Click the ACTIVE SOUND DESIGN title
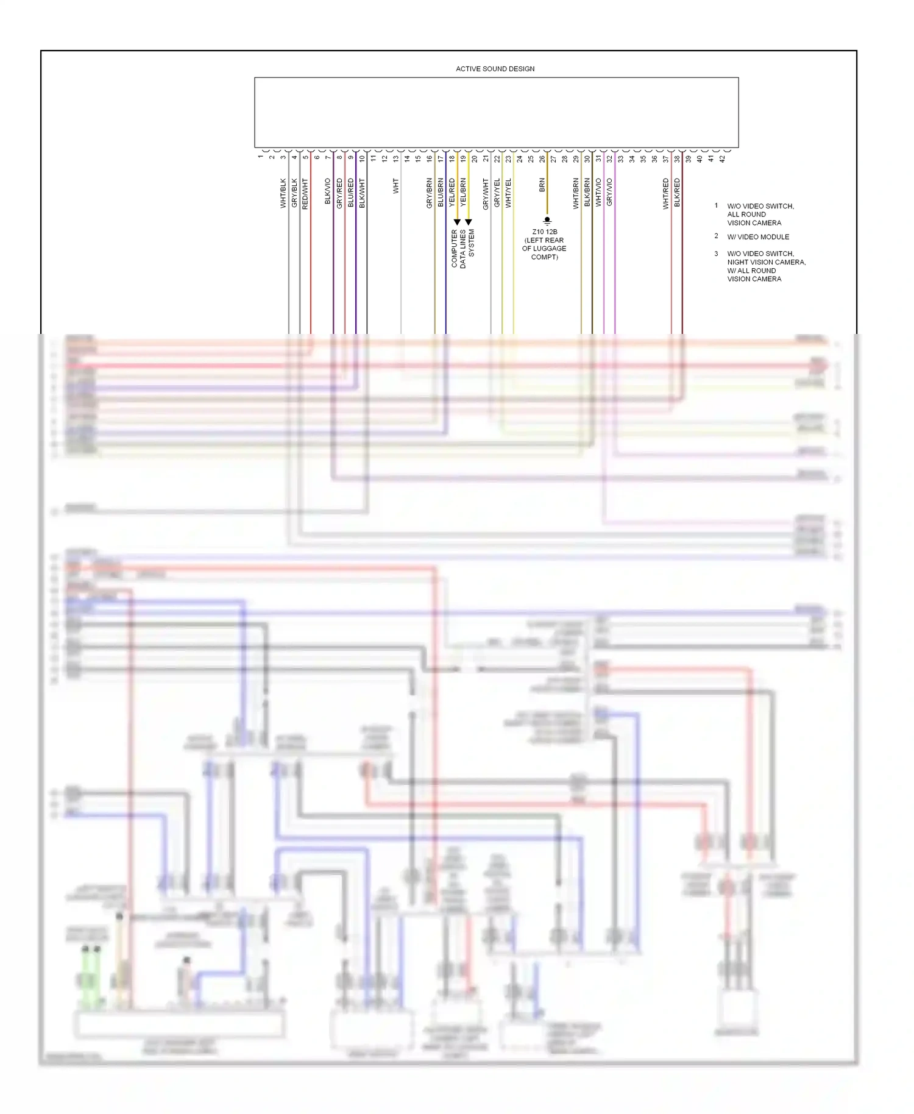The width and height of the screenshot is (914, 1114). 495,69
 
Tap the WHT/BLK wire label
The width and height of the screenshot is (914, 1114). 283,193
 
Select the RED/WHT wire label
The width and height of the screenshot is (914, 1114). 305,194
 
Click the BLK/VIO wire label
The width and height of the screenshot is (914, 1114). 328,191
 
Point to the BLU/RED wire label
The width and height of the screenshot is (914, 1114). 350,193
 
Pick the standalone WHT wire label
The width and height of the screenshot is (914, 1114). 395,186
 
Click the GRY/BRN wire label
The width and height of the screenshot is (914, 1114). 430,193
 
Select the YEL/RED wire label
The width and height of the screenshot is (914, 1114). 452,193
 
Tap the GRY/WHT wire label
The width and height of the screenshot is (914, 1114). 486,194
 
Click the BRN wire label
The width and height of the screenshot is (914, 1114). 542,185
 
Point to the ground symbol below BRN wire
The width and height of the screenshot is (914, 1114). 547,221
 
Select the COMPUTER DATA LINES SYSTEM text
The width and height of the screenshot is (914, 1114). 462,249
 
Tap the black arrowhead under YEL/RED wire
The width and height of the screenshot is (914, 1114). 457,222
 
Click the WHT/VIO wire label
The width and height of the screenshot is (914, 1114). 598,193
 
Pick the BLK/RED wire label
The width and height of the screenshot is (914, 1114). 677,193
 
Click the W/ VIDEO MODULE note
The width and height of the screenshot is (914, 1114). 758,237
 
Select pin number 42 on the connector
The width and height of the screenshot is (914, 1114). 723,159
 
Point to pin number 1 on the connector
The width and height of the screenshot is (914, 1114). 261,157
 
